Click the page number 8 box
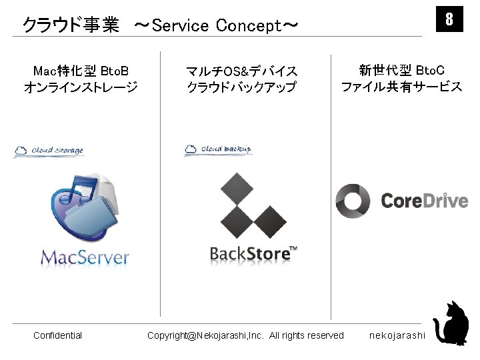point(449,19)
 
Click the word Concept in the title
point(249,26)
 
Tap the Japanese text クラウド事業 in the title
point(71,26)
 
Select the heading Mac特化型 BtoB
point(81,71)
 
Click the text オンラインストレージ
point(81,87)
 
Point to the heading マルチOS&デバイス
point(241,71)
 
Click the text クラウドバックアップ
point(241,87)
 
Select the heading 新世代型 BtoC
point(401,70)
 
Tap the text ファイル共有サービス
point(401,87)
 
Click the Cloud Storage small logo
point(49,151)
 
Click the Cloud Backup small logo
point(218,149)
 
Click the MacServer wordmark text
point(85,257)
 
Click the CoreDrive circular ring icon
point(352,201)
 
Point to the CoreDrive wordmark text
point(424,201)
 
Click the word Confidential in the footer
point(57,335)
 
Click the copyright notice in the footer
point(245,335)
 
